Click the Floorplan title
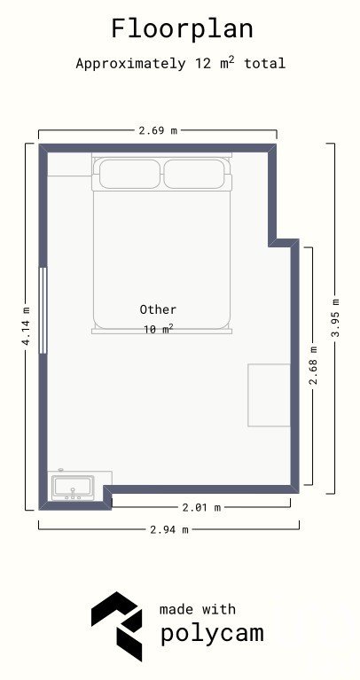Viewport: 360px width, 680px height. point(182,29)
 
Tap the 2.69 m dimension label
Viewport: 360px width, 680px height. point(158,130)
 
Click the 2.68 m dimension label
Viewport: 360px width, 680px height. point(313,365)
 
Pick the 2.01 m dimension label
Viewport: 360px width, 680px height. point(201,507)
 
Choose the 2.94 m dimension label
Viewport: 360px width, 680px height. point(169,529)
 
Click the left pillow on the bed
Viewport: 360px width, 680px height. point(129,174)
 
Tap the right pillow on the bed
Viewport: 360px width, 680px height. point(194,174)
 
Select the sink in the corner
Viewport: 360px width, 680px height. point(73,488)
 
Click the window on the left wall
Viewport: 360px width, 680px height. point(43,310)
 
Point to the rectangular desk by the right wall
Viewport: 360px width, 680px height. point(269,395)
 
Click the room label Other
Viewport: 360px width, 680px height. point(158,309)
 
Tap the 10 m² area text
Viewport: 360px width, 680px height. point(159,329)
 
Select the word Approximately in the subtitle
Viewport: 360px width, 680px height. point(130,64)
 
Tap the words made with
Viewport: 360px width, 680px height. point(198,609)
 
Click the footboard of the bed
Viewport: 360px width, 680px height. point(161,332)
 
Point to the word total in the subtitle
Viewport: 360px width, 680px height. point(264,64)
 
